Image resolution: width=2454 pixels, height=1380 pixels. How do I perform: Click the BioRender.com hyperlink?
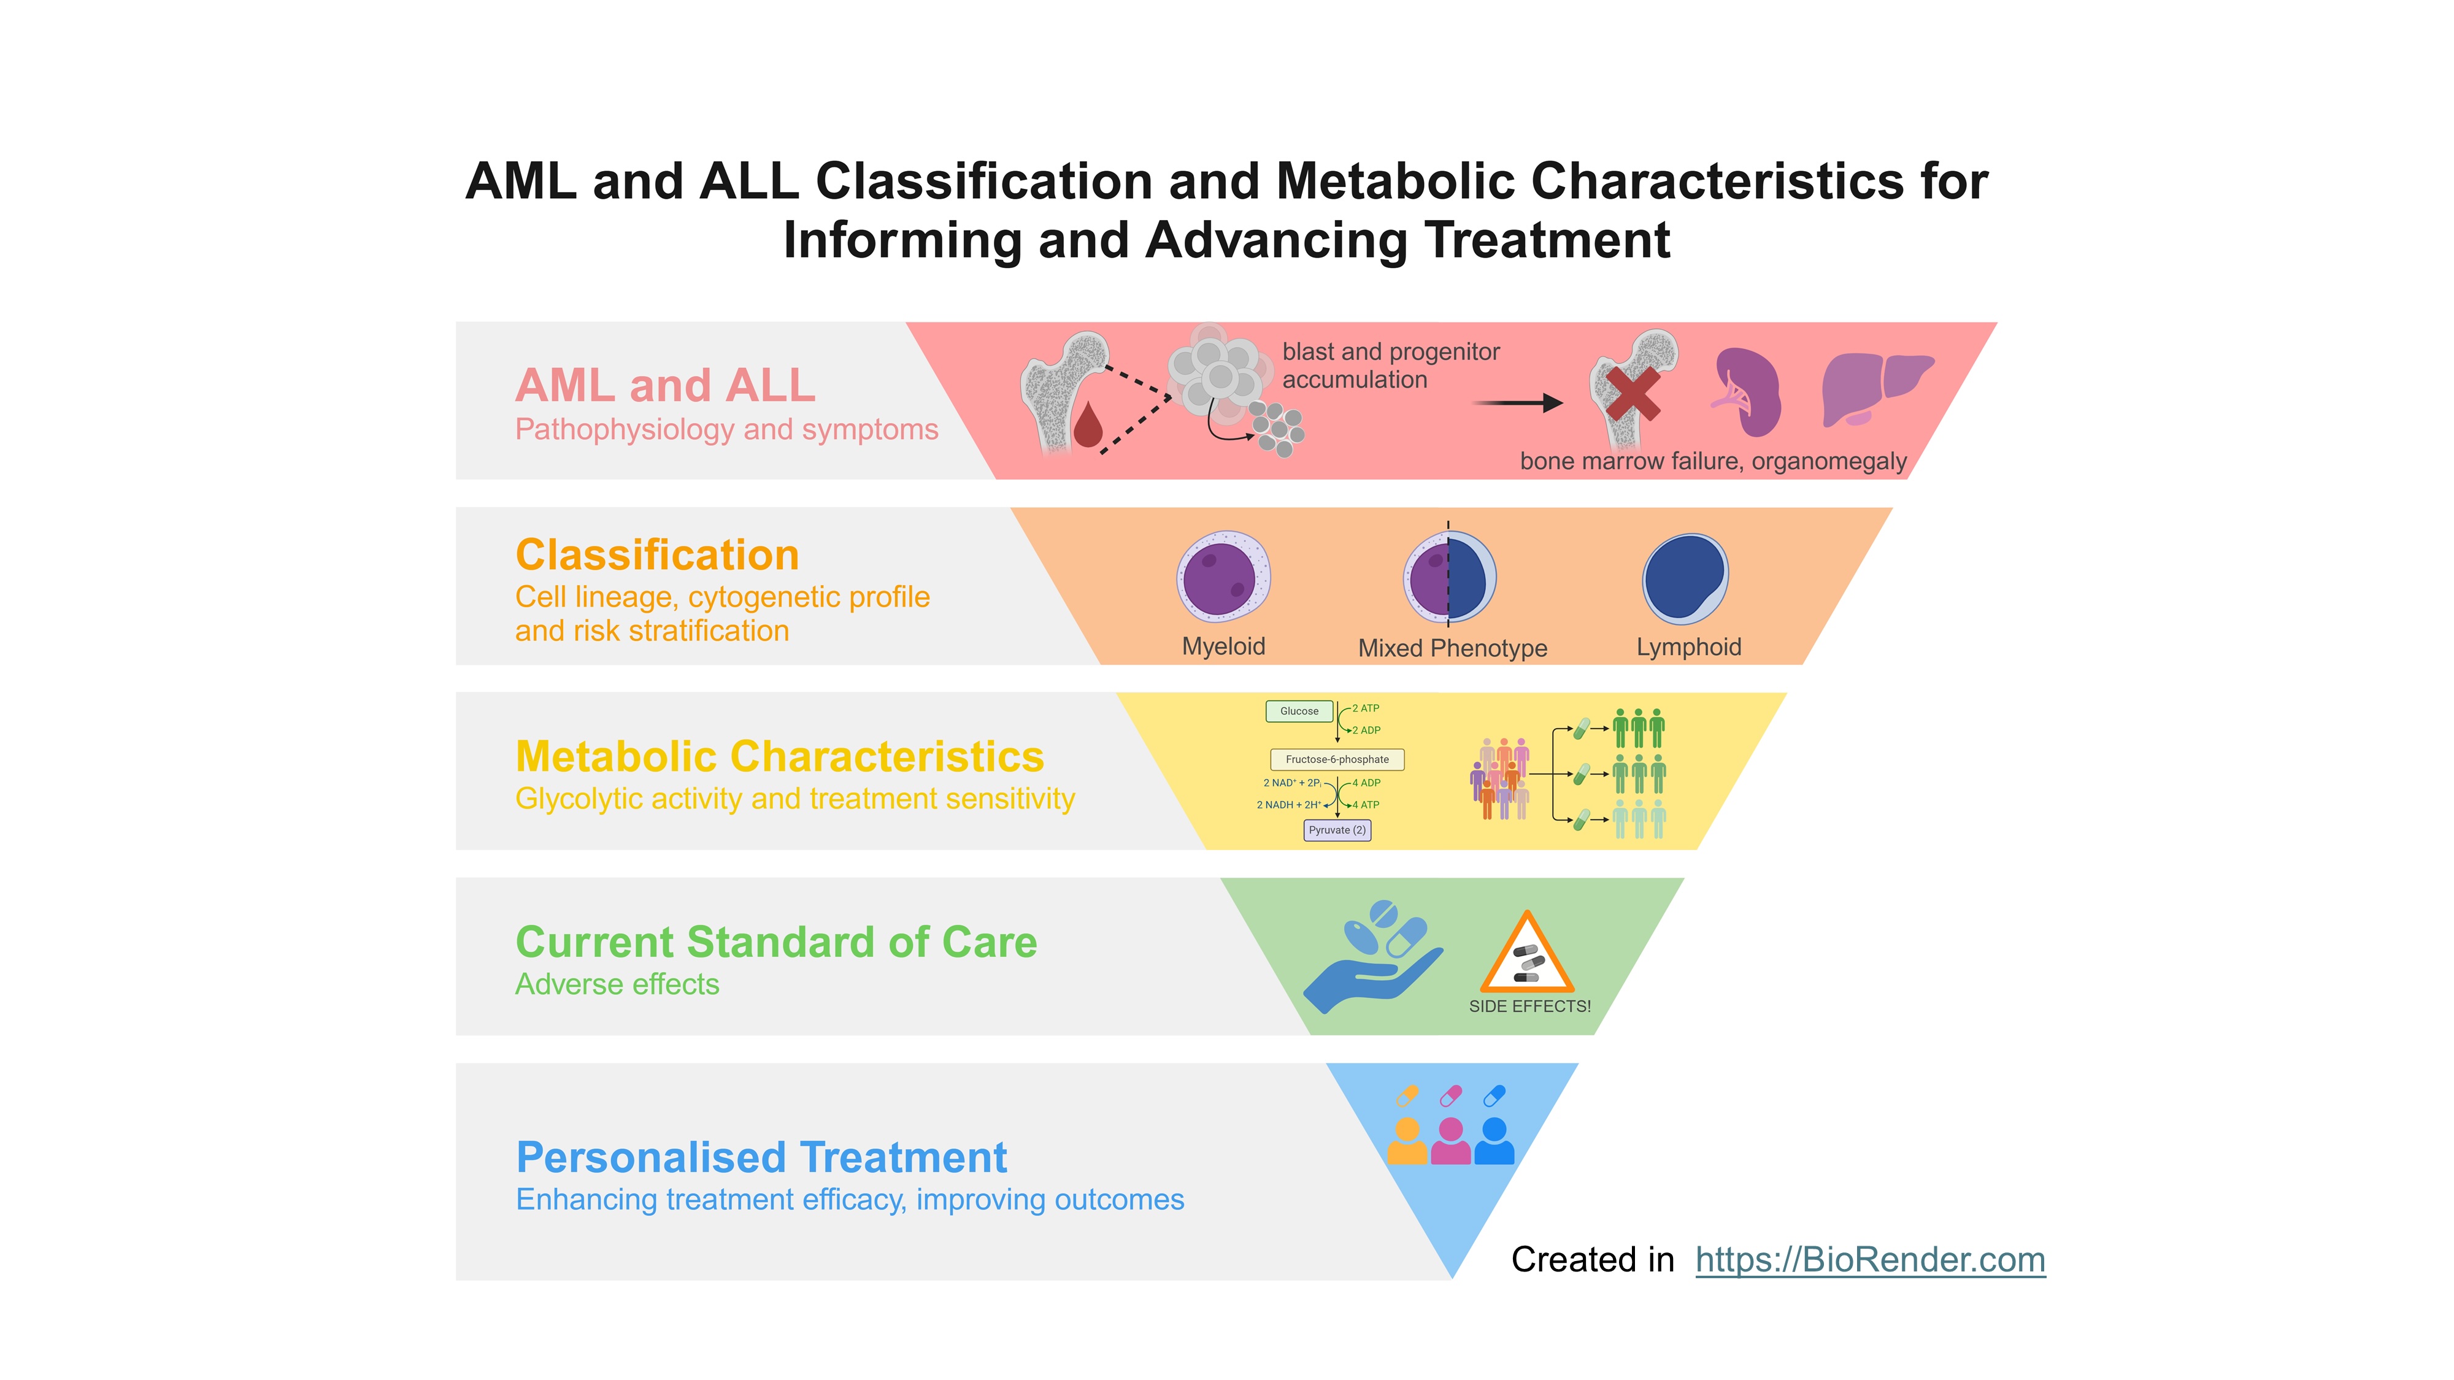[1869, 1260]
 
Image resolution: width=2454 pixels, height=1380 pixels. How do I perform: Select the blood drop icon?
[1087, 425]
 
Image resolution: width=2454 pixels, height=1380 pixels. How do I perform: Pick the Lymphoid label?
[1688, 648]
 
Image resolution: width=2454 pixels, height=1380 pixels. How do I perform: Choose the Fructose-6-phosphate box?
[1337, 760]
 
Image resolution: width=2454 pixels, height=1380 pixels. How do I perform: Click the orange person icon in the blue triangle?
[1406, 1141]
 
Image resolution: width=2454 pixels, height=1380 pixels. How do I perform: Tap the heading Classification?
[656, 555]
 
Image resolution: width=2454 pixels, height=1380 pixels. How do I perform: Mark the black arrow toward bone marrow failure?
[1518, 403]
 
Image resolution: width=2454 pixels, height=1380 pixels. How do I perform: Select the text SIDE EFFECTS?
[1529, 1006]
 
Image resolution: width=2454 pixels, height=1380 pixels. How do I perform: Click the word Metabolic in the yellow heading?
[629, 757]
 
